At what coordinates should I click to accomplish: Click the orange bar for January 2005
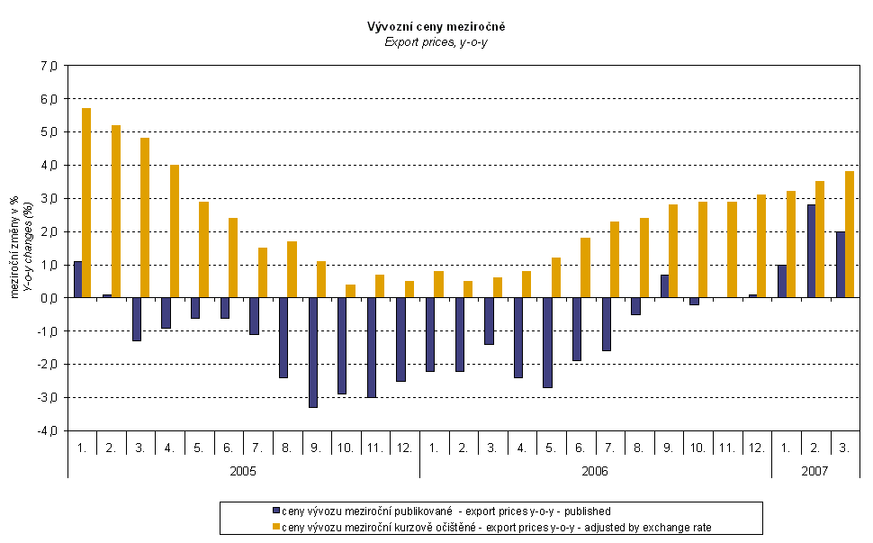tap(86, 203)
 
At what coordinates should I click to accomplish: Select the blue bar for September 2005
tap(313, 352)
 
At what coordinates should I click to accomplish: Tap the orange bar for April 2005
tap(175, 231)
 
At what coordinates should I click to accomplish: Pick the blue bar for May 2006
tap(547, 342)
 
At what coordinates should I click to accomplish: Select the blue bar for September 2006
tap(664, 285)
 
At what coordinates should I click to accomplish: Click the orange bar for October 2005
tap(350, 291)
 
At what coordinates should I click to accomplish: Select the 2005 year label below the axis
tap(243, 470)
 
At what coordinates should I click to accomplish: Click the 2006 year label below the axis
tap(595, 470)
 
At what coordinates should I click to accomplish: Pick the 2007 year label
tap(814, 470)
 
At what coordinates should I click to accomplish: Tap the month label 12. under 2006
tap(756, 447)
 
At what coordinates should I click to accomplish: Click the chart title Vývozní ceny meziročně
tap(436, 27)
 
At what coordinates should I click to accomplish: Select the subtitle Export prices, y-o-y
tap(436, 41)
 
